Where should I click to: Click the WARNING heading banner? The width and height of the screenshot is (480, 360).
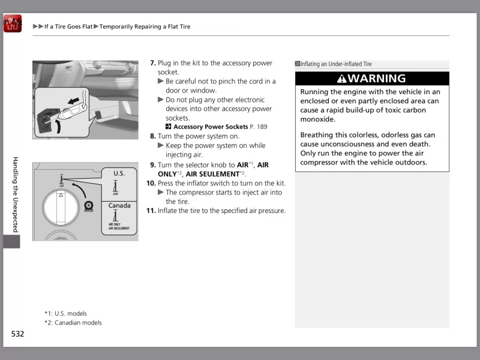point(372,79)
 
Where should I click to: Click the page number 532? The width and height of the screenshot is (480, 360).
point(17,334)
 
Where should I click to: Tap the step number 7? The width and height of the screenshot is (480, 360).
point(152,63)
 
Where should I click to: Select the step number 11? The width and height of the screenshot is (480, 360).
point(151,211)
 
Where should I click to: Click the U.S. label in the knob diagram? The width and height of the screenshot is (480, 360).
point(119,173)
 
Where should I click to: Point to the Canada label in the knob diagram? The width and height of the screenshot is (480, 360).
point(119,206)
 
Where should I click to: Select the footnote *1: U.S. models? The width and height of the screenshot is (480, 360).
point(65,313)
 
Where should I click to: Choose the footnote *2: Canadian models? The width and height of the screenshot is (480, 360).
point(73,323)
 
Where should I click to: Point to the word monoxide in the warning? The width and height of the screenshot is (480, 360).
point(317,119)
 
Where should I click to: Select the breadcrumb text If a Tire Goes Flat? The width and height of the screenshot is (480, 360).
point(68,26)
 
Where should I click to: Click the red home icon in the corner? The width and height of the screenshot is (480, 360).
point(12,24)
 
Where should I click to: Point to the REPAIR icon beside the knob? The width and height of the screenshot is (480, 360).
point(88,206)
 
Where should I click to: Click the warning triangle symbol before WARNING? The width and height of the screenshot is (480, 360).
point(341,79)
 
